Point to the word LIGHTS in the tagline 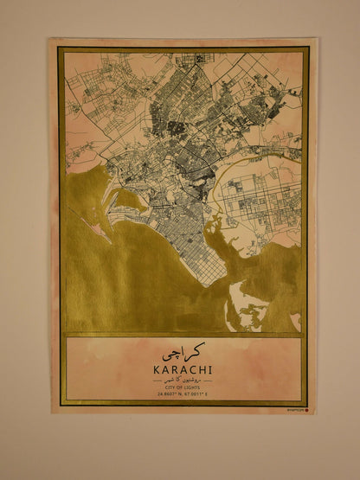pyautogui.click(x=195, y=387)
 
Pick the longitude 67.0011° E pyautogui.click(x=198, y=394)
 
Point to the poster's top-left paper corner pyautogui.click(x=51, y=38)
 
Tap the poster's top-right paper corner pyautogui.click(x=316, y=38)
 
